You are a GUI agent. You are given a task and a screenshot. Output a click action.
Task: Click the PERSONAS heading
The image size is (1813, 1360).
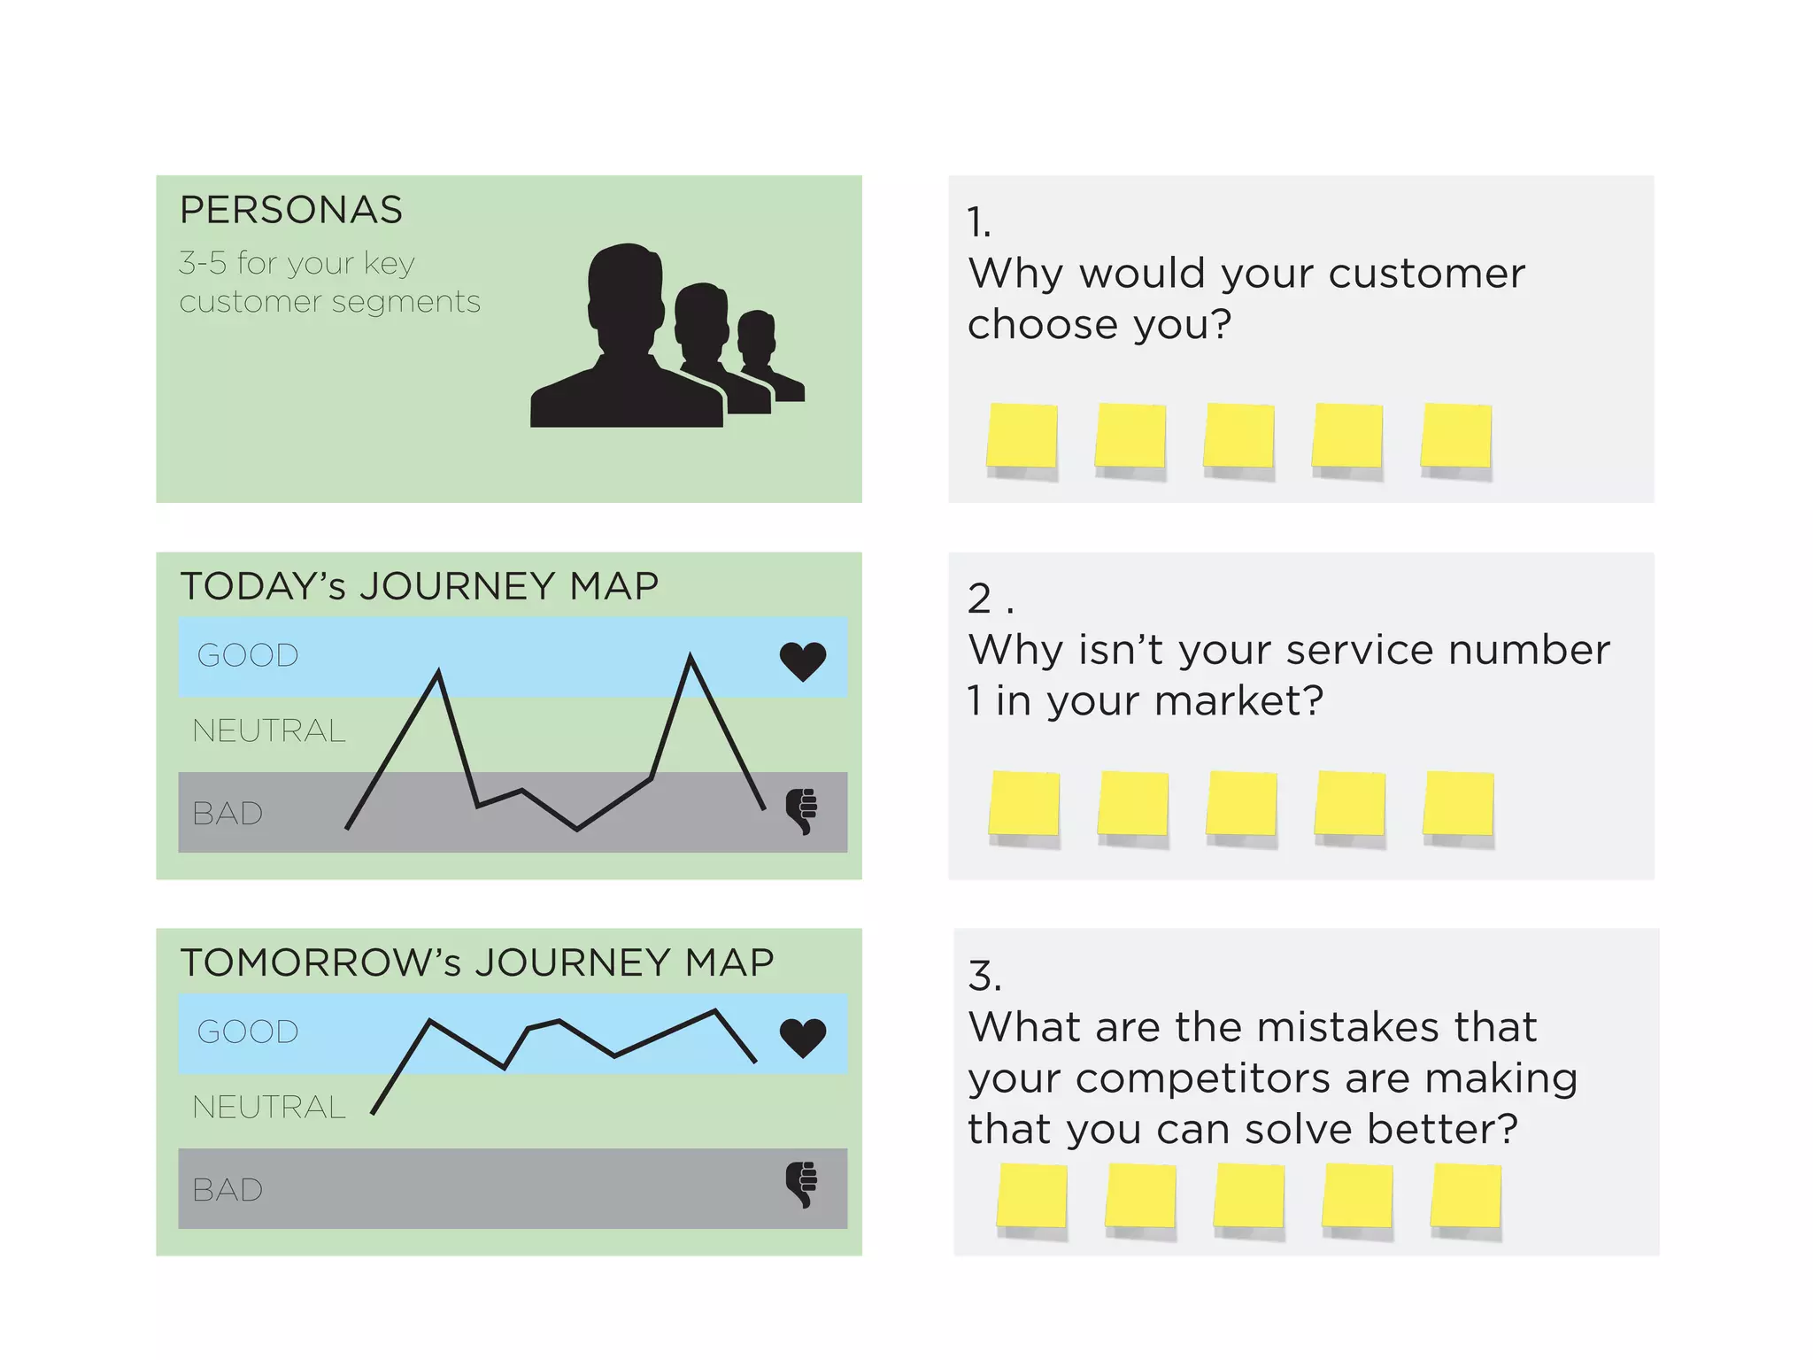point(290,210)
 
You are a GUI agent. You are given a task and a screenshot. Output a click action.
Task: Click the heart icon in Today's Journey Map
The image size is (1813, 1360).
point(803,661)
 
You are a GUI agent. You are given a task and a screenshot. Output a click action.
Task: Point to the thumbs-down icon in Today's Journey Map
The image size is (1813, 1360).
point(803,810)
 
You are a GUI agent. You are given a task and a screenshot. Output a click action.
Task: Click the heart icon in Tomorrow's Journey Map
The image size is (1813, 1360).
point(803,1037)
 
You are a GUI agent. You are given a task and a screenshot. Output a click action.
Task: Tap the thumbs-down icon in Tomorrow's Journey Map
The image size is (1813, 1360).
point(803,1185)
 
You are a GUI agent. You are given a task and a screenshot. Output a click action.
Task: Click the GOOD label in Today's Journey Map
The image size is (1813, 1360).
point(248,656)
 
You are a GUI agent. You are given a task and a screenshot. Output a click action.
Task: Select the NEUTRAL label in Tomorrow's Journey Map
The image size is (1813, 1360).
point(269,1107)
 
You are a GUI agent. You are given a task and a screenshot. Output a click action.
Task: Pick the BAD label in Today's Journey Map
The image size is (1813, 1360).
point(228,814)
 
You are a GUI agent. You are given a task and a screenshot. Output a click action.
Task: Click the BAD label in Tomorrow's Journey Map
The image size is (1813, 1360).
point(228,1190)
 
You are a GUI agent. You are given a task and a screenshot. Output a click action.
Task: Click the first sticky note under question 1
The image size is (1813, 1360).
point(1022,436)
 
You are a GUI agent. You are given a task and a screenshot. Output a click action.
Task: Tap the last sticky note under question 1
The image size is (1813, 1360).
point(1456,436)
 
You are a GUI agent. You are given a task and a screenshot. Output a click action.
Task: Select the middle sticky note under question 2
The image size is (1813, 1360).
point(1241,803)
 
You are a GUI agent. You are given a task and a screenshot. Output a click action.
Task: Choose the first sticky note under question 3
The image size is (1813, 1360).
point(1032,1196)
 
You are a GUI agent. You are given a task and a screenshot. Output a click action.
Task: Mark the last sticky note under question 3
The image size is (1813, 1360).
point(1466,1196)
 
